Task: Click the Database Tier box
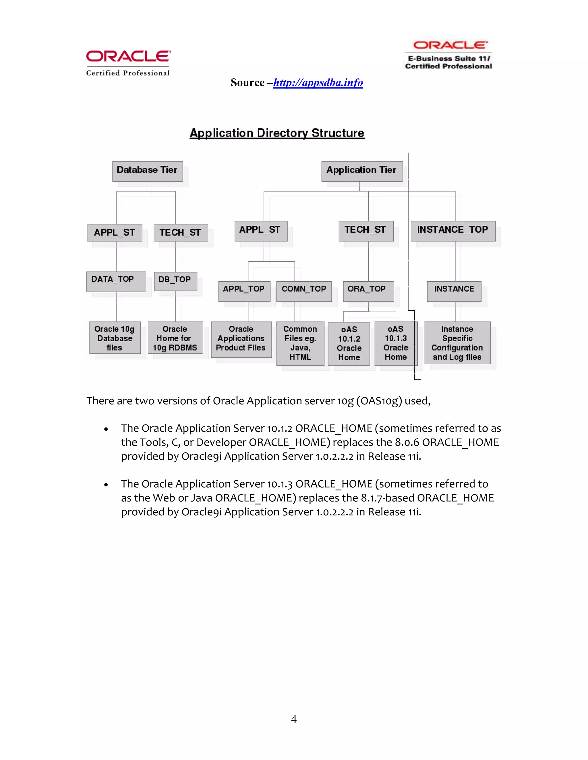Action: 147,171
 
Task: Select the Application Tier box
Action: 361,171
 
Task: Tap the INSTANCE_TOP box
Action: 453,231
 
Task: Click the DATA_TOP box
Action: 116,281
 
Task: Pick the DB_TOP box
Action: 175,281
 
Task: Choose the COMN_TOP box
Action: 304,291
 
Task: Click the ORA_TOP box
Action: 368,291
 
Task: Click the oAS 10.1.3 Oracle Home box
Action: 395,343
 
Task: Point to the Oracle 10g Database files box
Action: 115,338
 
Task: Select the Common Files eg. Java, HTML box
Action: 300,343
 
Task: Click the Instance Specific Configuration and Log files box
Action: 457,343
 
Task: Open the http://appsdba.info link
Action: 318,83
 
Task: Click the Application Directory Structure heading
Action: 277,133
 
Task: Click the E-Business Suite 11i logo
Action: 449,55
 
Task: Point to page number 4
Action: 294,719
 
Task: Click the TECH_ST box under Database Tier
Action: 180,233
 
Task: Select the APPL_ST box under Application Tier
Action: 261,231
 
